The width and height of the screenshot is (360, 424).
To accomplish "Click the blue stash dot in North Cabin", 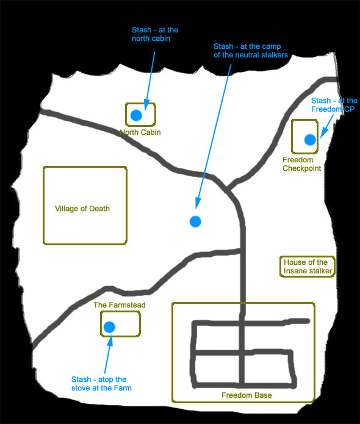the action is point(136,115).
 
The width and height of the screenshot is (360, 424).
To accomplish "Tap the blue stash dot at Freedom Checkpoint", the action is point(310,140).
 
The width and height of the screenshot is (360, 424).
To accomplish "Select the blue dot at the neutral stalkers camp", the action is point(195,221).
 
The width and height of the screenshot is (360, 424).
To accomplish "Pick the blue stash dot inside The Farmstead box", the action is point(109,327).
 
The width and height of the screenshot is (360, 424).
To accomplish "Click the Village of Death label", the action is point(82,209).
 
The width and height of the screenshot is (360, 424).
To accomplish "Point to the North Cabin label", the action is point(140,132).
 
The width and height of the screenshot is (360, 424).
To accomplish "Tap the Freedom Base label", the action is point(247,395).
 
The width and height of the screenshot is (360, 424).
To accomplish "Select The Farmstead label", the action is point(119,305).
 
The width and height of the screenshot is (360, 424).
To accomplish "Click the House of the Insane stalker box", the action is point(308,257).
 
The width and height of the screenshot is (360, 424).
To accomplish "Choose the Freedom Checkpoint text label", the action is point(301,164).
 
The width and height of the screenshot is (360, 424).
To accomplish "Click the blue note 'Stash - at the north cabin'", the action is point(155,34).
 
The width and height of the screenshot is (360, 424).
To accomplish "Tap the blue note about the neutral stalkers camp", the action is point(251,51).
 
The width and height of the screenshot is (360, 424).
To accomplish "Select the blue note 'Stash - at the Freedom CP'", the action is point(334,105).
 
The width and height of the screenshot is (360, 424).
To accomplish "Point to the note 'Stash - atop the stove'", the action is point(101,384).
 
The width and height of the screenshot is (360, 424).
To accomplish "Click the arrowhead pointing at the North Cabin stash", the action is point(146,105).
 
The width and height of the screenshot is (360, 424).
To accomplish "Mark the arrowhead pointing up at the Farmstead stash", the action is point(110,340).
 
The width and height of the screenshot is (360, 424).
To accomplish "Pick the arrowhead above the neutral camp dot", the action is point(198,203).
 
